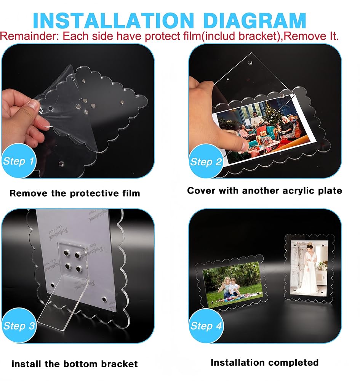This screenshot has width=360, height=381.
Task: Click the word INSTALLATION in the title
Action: coord(114,21)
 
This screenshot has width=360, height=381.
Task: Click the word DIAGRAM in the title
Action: coord(254,21)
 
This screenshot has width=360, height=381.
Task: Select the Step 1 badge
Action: coord(18,161)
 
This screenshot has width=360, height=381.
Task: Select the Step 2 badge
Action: coord(206,161)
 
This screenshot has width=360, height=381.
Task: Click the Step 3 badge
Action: coord(19,325)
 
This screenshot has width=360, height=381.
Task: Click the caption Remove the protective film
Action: coord(75,193)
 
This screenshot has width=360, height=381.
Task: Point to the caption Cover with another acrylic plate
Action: coord(264,191)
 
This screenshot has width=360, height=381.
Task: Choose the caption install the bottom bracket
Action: coord(75,364)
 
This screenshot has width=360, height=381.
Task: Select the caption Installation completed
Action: coord(264,363)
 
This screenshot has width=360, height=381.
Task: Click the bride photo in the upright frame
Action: coord(309,267)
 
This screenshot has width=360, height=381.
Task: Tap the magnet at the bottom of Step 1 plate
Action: coord(61,164)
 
